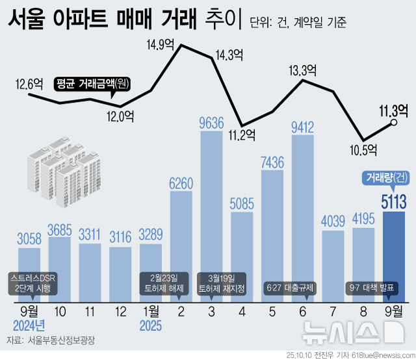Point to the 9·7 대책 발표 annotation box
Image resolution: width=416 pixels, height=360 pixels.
372,287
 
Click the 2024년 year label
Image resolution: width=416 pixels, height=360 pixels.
30,325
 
